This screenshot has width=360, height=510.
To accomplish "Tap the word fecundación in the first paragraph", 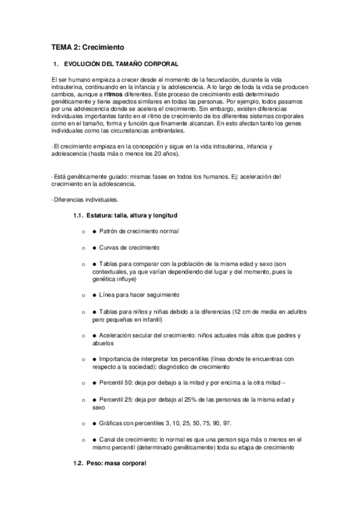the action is (x=224, y=80).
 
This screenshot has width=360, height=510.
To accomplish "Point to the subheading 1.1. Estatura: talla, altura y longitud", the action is (x=124, y=215).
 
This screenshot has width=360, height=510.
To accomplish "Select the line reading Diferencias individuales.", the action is (x=85, y=200).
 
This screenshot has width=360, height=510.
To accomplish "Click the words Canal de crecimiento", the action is (x=130, y=440).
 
